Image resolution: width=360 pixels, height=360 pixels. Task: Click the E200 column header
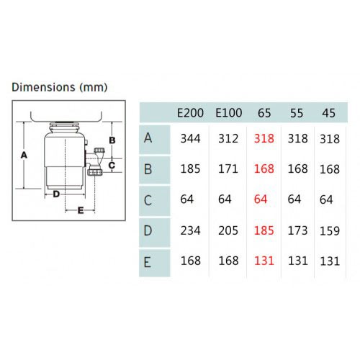190,113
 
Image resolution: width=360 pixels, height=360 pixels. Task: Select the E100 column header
229,113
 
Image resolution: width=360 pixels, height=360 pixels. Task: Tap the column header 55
297,113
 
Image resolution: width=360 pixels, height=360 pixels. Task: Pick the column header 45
328,113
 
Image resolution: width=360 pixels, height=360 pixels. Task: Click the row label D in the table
148,230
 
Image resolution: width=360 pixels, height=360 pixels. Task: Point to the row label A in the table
148,138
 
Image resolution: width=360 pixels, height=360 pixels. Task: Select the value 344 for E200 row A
190,138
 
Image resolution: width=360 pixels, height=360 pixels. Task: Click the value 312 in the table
228,138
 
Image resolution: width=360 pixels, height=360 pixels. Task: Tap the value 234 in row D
190,230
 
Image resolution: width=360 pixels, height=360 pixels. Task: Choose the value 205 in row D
228,230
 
